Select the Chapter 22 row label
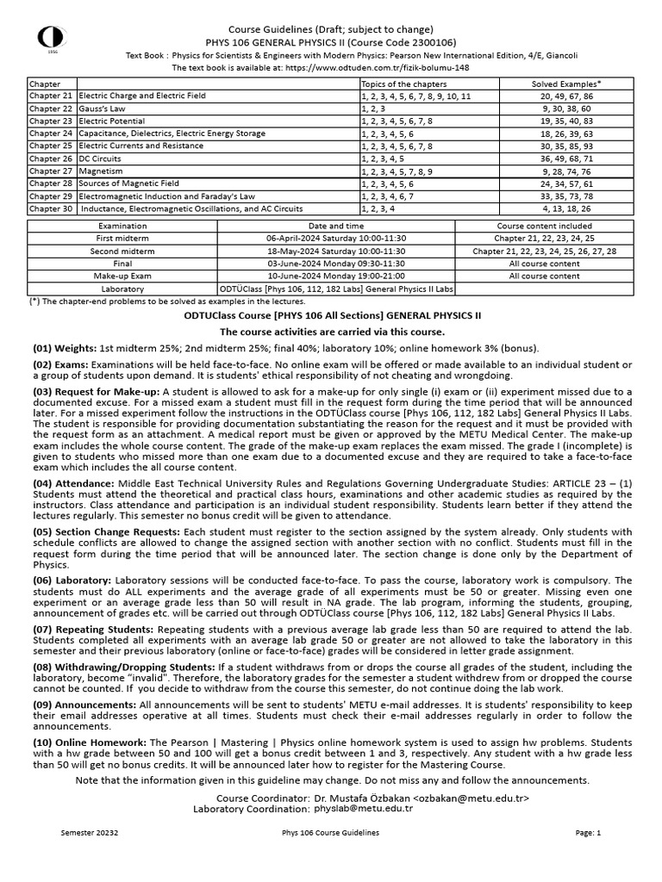pos(50,109)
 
